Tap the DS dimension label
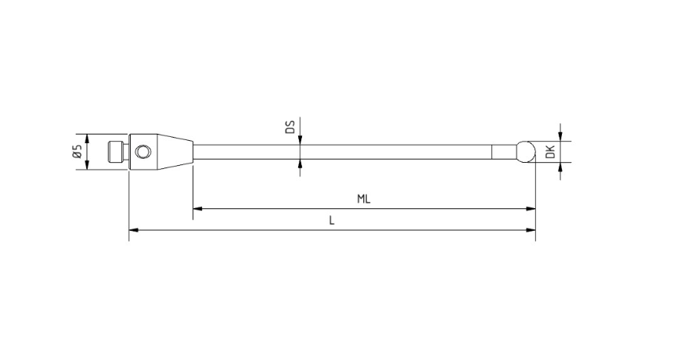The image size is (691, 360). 289,128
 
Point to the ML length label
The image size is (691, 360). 363,199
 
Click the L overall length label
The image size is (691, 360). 333,221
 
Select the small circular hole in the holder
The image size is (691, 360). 141,150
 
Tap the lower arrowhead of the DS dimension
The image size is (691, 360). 301,163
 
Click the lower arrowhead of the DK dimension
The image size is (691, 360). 560,165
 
